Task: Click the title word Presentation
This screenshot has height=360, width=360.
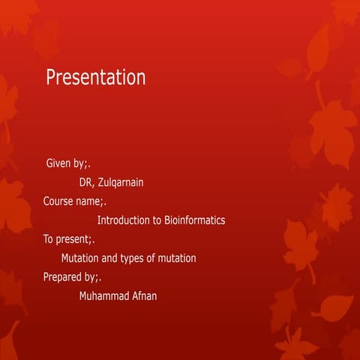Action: (x=96, y=77)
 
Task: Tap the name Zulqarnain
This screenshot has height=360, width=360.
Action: (x=121, y=182)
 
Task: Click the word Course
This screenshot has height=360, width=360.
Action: (x=58, y=201)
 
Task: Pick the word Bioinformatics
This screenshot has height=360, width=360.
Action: (x=195, y=220)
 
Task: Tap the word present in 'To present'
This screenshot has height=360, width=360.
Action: (x=73, y=239)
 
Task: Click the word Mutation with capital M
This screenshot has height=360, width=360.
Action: (x=79, y=258)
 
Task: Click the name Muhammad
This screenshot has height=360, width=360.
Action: (x=104, y=296)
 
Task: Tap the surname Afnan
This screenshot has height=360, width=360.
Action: (x=145, y=296)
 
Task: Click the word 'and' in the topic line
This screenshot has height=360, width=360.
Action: (x=109, y=258)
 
